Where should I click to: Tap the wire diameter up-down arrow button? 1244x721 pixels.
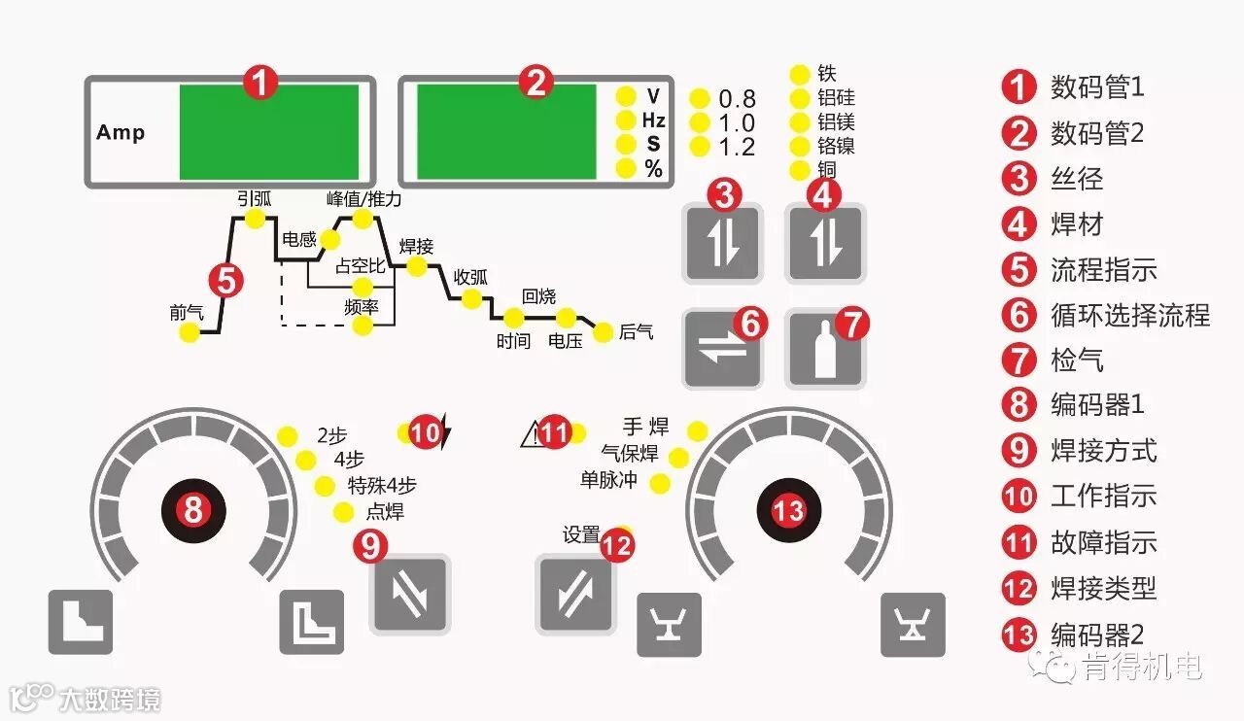(722, 244)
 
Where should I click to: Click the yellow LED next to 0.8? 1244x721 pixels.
(700, 98)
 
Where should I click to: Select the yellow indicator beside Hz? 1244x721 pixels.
(627, 120)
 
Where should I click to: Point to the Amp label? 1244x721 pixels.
(121, 132)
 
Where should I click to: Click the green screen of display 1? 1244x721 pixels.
(268, 132)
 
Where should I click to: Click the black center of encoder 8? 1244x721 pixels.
(193, 508)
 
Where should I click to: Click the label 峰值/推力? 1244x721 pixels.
(363, 198)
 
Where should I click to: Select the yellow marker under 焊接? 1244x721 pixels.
(417, 266)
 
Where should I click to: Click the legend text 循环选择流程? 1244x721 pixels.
(1130, 315)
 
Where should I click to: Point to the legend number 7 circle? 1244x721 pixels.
(1018, 360)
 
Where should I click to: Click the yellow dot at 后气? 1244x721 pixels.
(603, 331)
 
